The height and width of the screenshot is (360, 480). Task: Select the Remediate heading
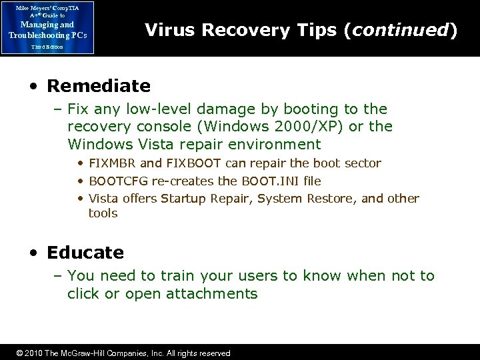(99, 86)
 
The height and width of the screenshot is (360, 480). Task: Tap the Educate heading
(85, 253)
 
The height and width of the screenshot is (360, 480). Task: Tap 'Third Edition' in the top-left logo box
(47, 47)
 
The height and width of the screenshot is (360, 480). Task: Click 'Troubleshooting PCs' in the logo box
(47, 35)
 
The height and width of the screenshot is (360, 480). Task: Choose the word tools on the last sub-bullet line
(103, 213)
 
